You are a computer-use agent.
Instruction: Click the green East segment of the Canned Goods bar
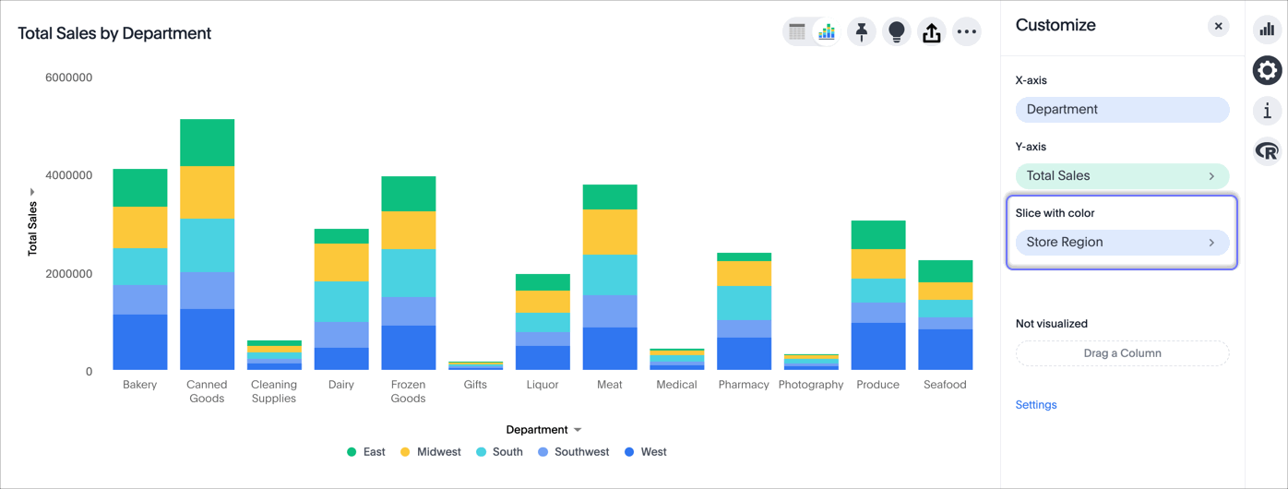click(x=207, y=142)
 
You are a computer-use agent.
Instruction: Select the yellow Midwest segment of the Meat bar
click(x=610, y=232)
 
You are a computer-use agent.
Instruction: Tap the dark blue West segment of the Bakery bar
click(x=140, y=341)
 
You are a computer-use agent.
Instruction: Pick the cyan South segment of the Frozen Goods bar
click(x=408, y=272)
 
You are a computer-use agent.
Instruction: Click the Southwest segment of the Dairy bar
click(x=341, y=334)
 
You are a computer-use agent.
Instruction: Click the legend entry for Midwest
click(x=430, y=452)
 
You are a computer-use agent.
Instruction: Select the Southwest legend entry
click(x=573, y=452)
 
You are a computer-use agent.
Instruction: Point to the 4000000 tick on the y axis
click(x=68, y=175)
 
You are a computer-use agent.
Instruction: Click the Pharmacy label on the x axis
click(x=744, y=385)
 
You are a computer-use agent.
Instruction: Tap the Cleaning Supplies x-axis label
click(x=274, y=391)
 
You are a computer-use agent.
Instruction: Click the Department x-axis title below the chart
click(x=537, y=430)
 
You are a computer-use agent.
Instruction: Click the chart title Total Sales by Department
click(x=114, y=33)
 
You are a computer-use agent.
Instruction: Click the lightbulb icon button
click(x=896, y=31)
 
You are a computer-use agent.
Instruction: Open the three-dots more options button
click(x=966, y=31)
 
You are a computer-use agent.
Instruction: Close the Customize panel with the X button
click(x=1218, y=26)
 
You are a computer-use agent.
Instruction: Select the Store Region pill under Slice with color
click(x=1122, y=242)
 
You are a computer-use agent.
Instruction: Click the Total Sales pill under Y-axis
click(x=1122, y=175)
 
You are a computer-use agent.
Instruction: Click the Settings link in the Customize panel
click(x=1036, y=405)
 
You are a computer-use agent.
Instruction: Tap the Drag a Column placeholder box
click(x=1122, y=353)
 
